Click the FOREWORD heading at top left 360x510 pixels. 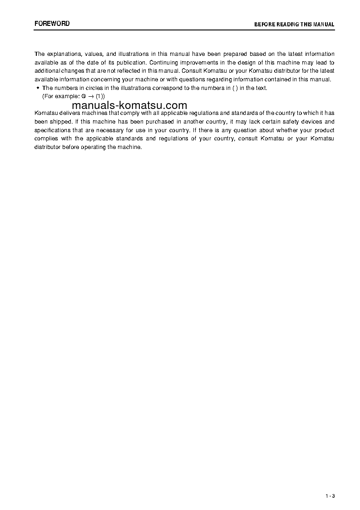point(52,23)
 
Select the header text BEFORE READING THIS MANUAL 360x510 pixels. point(294,25)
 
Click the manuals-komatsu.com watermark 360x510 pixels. point(129,105)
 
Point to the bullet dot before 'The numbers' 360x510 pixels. point(38,88)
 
